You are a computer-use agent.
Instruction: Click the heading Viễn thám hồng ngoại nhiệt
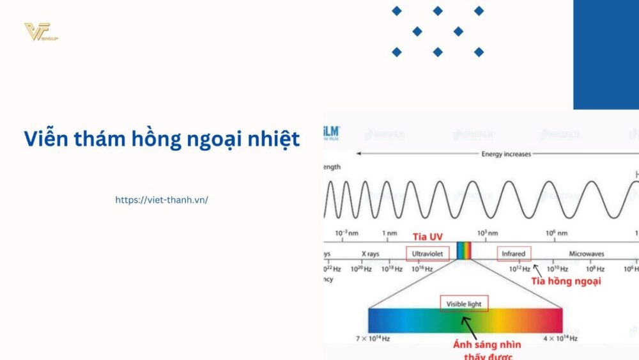coord(162,139)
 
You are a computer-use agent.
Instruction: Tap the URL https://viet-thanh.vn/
coord(162,200)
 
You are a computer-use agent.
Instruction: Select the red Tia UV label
coord(427,237)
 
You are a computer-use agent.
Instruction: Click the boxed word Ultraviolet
coord(427,254)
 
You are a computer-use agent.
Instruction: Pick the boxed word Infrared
coord(514,254)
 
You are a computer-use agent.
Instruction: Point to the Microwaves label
coord(587,254)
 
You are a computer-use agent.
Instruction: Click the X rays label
coord(370,254)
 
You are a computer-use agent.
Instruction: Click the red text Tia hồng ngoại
coord(566,281)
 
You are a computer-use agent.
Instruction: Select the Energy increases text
coord(506,154)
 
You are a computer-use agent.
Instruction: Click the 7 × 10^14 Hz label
coord(373,338)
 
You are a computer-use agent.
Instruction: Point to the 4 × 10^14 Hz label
coord(560,338)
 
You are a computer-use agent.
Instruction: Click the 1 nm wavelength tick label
coord(390,233)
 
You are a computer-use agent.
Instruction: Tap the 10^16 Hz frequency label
coord(422,269)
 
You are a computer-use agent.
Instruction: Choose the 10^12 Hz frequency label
coord(520,269)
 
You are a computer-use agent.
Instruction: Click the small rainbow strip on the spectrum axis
coord(464,251)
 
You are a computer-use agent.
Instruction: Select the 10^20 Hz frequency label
coord(362,269)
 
